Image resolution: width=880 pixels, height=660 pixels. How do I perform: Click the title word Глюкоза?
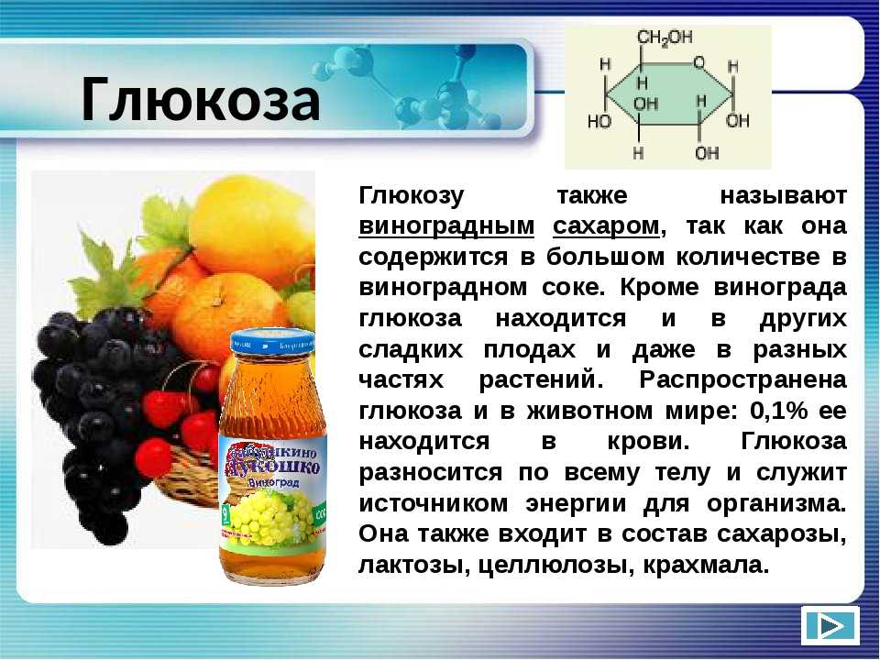(x=201, y=100)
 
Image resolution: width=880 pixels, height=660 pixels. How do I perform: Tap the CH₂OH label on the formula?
(x=665, y=38)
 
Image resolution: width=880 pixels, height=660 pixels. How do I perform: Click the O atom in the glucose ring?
(x=698, y=62)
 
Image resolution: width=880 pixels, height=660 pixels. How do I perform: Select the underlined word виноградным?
(x=446, y=226)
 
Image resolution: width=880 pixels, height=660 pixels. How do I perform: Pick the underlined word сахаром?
(x=606, y=226)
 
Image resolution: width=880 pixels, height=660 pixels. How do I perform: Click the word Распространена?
(x=742, y=381)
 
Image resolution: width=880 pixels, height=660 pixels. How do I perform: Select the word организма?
(x=776, y=504)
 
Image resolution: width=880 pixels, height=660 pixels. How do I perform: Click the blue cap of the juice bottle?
(x=273, y=342)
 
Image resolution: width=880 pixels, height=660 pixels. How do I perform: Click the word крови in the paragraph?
(x=648, y=442)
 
